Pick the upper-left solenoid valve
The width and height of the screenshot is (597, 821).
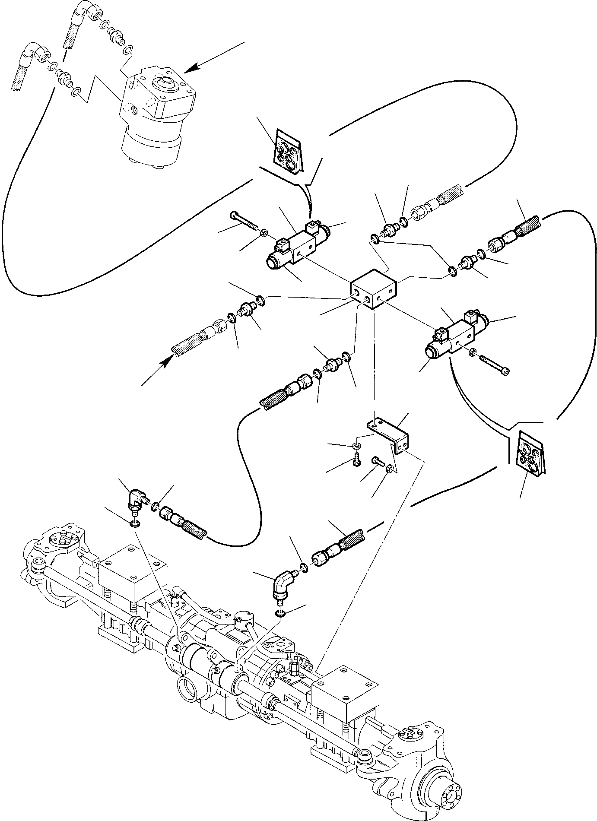298,246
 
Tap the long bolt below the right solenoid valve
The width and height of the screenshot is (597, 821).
495,363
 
